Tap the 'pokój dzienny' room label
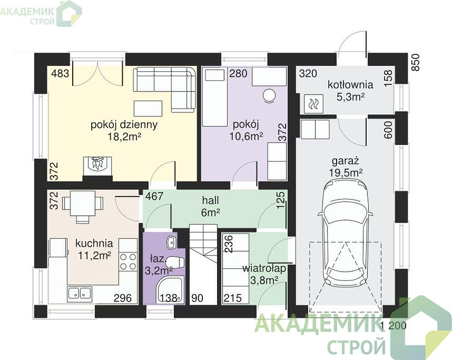[124, 125]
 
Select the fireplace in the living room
[97, 166]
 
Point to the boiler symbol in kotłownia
[313, 104]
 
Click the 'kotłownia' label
[350, 85]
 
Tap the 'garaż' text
[346, 161]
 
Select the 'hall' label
[210, 200]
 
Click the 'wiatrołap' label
[264, 268]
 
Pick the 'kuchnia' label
[94, 243]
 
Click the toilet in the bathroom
[175, 262]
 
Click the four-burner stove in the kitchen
[128, 261]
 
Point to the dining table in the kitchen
[83, 203]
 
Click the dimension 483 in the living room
[60, 73]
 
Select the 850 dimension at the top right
[416, 63]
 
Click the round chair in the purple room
[269, 95]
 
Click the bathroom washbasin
[171, 242]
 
